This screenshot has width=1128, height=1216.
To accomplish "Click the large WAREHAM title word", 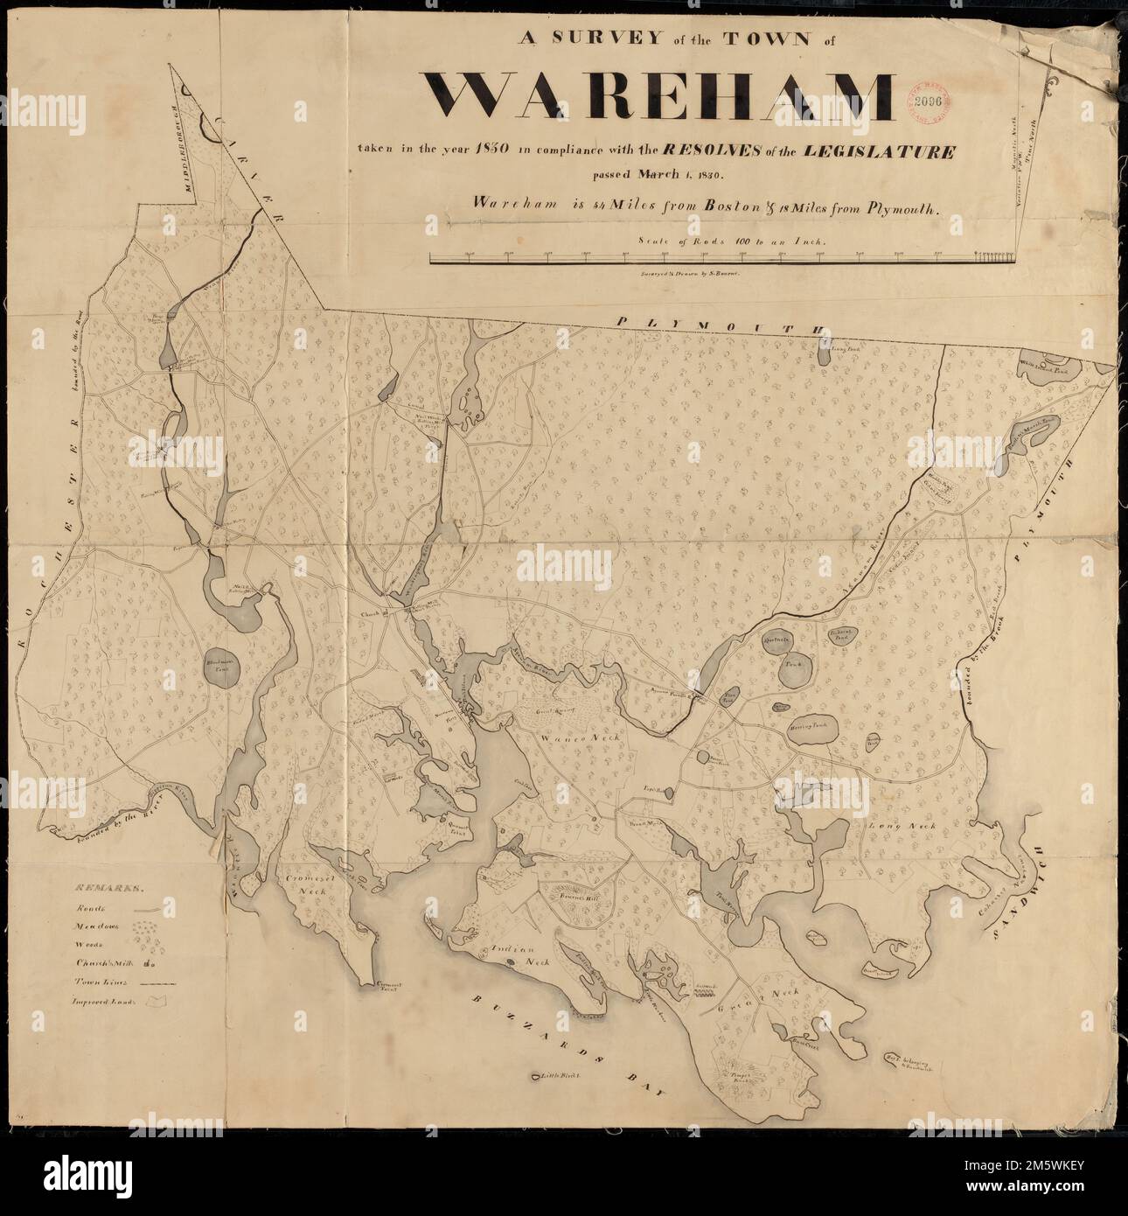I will (661, 96).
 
